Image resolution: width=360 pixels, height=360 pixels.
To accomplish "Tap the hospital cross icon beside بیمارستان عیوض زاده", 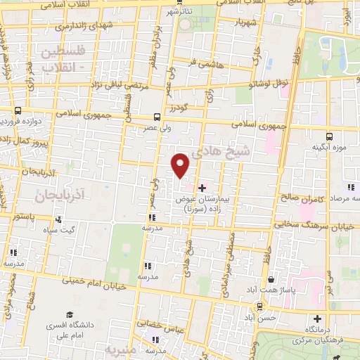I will point(202,188).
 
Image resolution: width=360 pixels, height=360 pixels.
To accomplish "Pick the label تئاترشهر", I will point(179,12).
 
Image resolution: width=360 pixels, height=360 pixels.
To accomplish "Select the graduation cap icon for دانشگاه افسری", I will point(69,314).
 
